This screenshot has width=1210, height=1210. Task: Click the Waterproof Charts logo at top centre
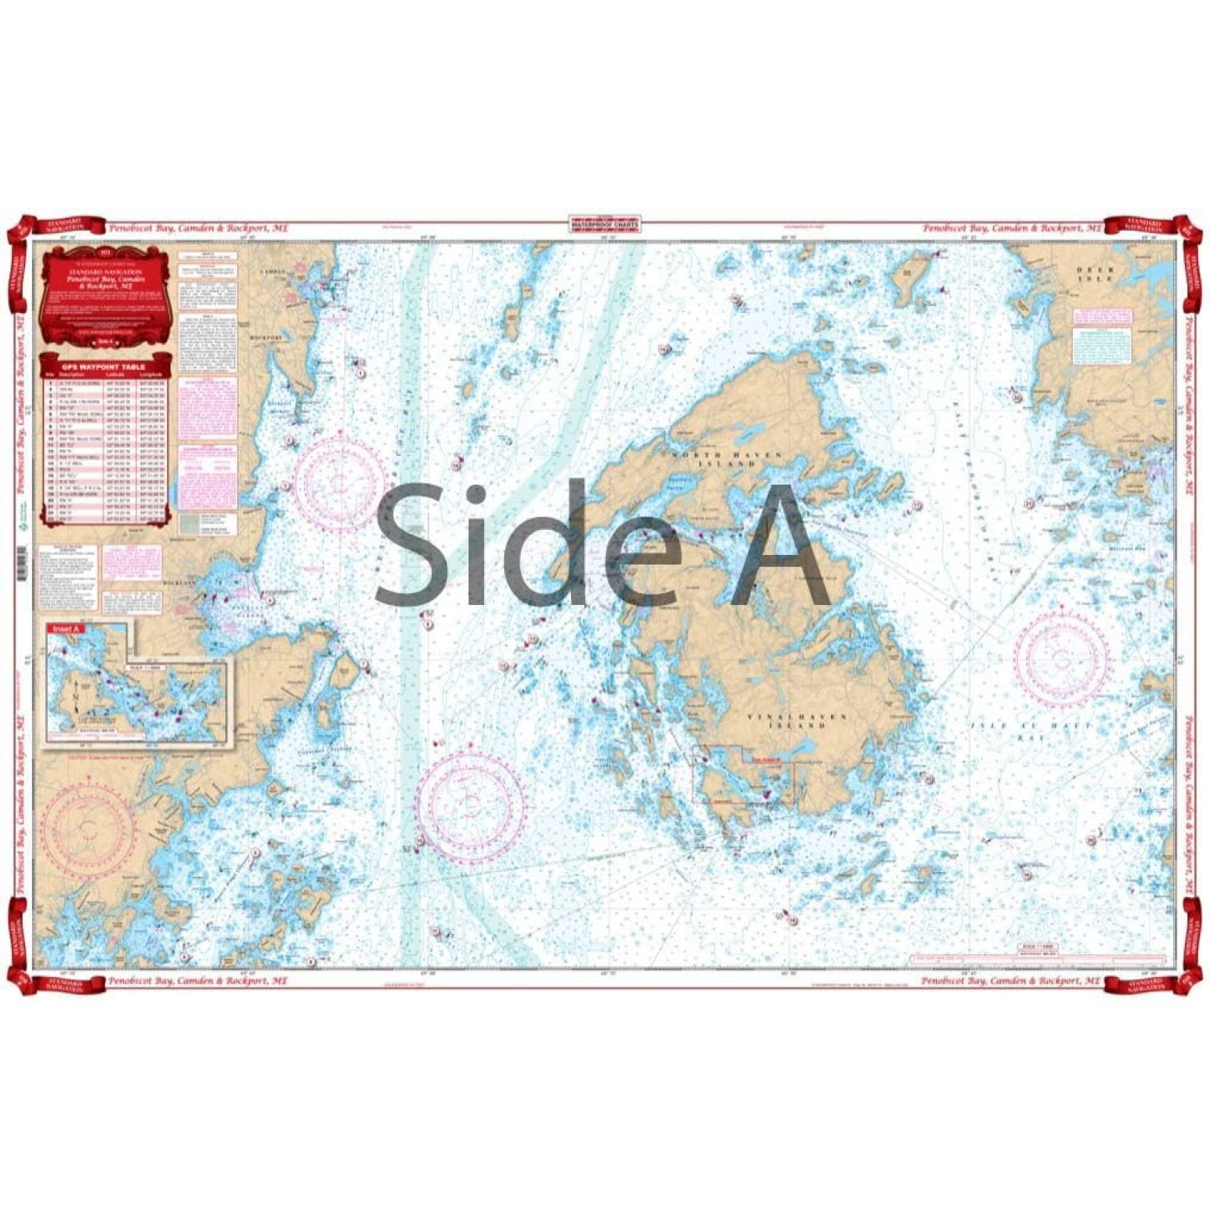[604, 222]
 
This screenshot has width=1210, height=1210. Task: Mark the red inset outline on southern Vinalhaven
[744, 773]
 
